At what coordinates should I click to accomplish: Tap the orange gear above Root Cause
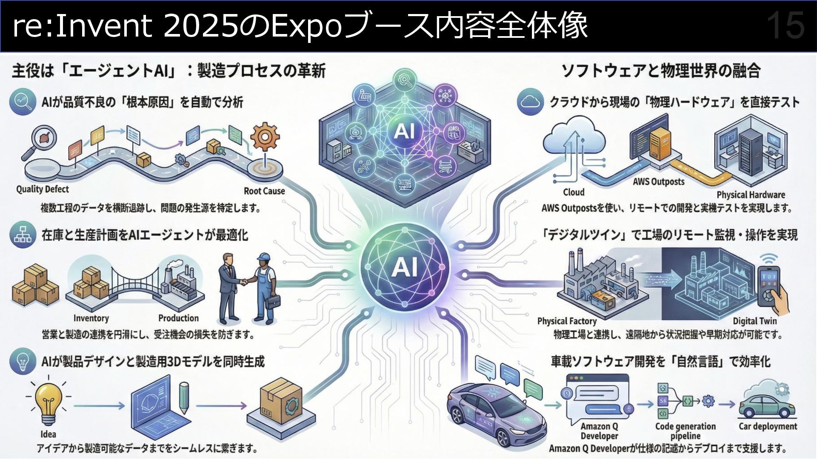(x=265, y=137)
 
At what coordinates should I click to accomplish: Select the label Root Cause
(x=264, y=191)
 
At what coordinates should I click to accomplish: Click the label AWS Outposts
(x=658, y=182)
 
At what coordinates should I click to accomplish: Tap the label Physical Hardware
(x=751, y=195)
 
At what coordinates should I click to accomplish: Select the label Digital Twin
(x=754, y=321)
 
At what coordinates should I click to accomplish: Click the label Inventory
(x=91, y=318)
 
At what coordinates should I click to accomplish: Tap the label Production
(x=178, y=318)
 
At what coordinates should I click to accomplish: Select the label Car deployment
(x=768, y=426)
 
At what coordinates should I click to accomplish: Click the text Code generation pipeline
(x=685, y=431)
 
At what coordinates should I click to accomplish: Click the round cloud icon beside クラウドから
(x=530, y=102)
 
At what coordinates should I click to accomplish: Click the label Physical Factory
(x=567, y=321)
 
